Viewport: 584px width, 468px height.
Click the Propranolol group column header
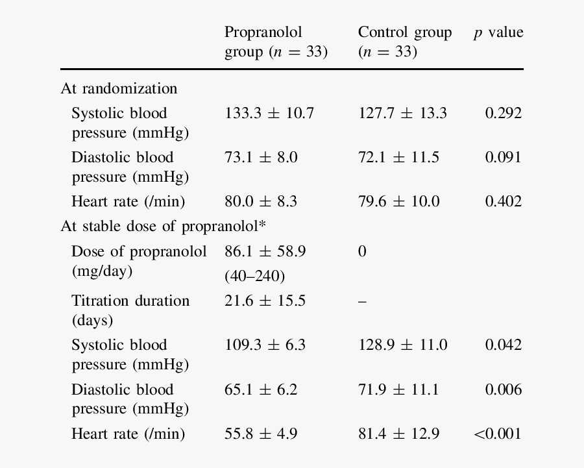pos(276,42)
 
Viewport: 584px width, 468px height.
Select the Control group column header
pos(404,42)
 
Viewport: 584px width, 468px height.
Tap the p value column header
pos(498,33)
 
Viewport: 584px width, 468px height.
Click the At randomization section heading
pos(119,88)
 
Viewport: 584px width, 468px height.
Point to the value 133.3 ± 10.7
pos(269,114)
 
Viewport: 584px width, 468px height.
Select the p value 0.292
pos(503,114)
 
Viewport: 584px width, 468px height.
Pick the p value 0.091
pos(503,158)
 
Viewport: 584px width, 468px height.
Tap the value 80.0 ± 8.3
pos(261,202)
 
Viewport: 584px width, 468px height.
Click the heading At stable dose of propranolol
pos(163,227)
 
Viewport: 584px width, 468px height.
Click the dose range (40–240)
pos(254,277)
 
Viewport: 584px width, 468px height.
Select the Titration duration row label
pos(130,310)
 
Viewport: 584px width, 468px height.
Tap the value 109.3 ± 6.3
pos(265,345)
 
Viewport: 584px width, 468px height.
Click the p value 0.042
pos(503,345)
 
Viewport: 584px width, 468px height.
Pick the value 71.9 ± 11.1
pos(398,390)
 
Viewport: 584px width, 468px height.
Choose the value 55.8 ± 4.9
pos(261,434)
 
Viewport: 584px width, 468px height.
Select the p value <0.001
pos(498,434)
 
